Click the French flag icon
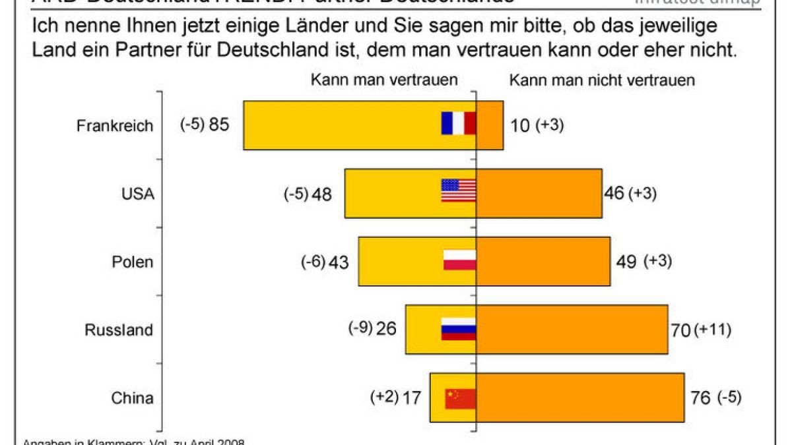[459, 123]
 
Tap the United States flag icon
[458, 191]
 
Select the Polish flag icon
[459, 260]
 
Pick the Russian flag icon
[458, 328]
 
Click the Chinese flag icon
[459, 398]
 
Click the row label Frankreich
[114, 125]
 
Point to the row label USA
[138, 194]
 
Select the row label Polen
[132, 262]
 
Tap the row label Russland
[119, 330]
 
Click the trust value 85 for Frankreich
[218, 125]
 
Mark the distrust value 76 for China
[700, 398]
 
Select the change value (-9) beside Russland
[360, 328]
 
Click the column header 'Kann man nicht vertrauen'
[601, 80]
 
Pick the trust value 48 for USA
[322, 194]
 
